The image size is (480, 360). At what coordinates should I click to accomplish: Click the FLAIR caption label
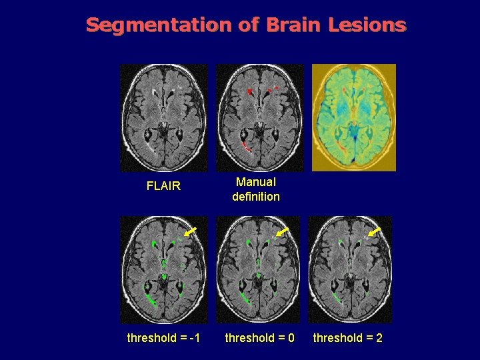[x=163, y=186]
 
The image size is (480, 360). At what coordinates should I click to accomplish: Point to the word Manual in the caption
[x=256, y=181]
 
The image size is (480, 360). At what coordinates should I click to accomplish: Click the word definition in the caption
[x=256, y=197]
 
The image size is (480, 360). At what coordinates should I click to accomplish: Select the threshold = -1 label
[x=163, y=338]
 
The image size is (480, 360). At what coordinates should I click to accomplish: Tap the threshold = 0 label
[x=260, y=338]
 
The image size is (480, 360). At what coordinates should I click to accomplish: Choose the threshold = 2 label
[x=348, y=338]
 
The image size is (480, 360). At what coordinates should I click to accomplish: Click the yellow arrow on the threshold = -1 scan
[x=191, y=231]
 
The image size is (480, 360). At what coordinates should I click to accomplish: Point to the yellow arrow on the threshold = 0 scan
[x=283, y=231]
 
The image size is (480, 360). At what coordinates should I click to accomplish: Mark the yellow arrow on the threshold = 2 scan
[x=375, y=231]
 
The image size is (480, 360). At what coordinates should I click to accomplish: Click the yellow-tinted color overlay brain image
[x=354, y=117]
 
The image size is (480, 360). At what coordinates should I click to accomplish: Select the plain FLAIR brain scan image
[x=163, y=117]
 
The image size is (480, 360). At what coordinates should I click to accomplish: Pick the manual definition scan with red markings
[x=260, y=117]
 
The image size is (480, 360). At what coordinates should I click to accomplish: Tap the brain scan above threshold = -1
[x=163, y=269]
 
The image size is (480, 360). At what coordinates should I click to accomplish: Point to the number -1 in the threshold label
[x=195, y=338]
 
